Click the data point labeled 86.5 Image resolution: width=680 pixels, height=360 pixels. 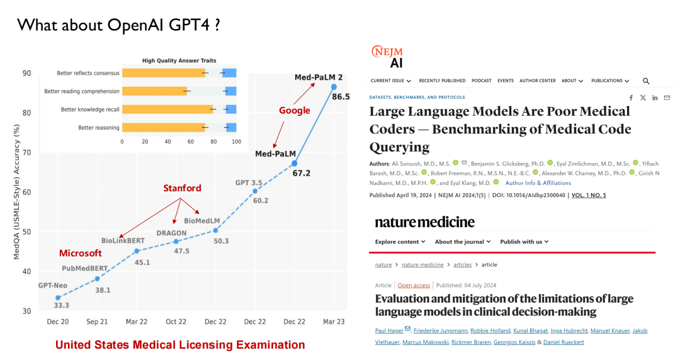(x=334, y=87)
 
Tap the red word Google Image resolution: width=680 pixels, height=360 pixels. (x=295, y=111)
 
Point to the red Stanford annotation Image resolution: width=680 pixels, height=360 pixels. (x=183, y=188)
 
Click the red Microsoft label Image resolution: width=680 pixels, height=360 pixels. (x=81, y=253)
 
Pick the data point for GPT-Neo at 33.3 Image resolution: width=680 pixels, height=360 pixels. (x=58, y=298)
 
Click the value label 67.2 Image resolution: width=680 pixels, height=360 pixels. (x=302, y=173)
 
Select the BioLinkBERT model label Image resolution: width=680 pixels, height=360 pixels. (x=123, y=240)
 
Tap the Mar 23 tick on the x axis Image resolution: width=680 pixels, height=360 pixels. (x=334, y=322)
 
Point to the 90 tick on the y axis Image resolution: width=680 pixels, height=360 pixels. (x=28, y=74)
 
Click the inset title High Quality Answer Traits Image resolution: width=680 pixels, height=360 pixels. (x=179, y=60)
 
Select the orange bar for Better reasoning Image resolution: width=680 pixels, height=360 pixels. (x=164, y=128)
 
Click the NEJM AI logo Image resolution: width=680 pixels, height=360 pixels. (x=387, y=56)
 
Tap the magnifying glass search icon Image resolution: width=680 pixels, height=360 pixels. (x=645, y=81)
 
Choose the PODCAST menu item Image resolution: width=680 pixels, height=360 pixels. (x=482, y=81)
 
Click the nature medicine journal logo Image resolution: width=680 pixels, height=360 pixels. (x=425, y=222)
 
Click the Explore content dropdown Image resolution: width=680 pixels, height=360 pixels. (x=400, y=242)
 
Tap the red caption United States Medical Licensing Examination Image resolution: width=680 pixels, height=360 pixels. (x=180, y=345)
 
